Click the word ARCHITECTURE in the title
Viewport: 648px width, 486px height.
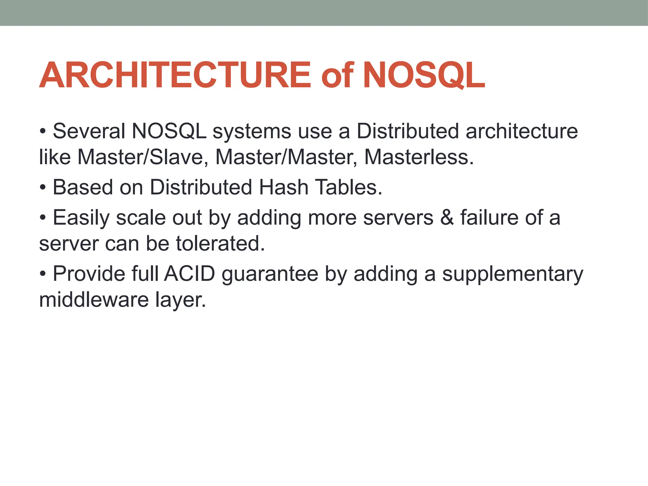pos(175,75)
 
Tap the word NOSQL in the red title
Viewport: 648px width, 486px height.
pos(424,75)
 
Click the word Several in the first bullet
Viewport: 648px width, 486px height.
pos(89,131)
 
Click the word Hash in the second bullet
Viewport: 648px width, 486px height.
pos(283,187)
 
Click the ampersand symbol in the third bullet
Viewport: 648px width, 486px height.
pos(447,218)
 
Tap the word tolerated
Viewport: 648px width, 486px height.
pos(220,243)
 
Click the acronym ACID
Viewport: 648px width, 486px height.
pos(190,274)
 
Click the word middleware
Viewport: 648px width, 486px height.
pos(94,300)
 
